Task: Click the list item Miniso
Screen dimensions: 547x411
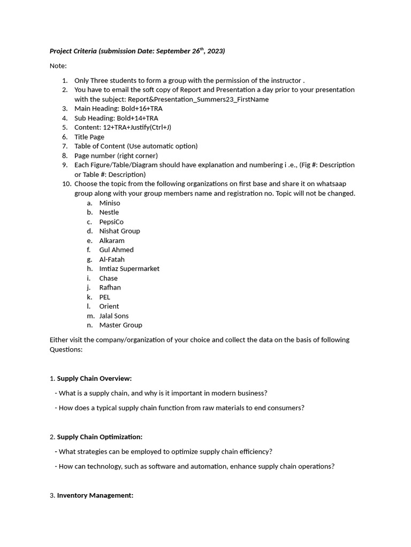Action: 110,203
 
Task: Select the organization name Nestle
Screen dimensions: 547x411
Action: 109,212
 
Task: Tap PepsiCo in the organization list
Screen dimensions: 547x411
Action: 111,222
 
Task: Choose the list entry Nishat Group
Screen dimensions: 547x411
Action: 119,231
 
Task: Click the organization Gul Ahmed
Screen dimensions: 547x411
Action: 116,249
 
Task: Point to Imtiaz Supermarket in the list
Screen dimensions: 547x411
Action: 129,269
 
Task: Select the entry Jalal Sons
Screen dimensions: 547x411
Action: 113,316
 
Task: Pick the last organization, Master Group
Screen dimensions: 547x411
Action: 120,325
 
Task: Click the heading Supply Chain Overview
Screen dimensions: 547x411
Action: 94,378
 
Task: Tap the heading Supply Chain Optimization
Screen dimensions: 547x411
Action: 100,436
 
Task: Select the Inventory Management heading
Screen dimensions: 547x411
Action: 95,495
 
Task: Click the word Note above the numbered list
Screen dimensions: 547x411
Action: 57,66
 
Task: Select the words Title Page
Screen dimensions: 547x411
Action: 89,137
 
